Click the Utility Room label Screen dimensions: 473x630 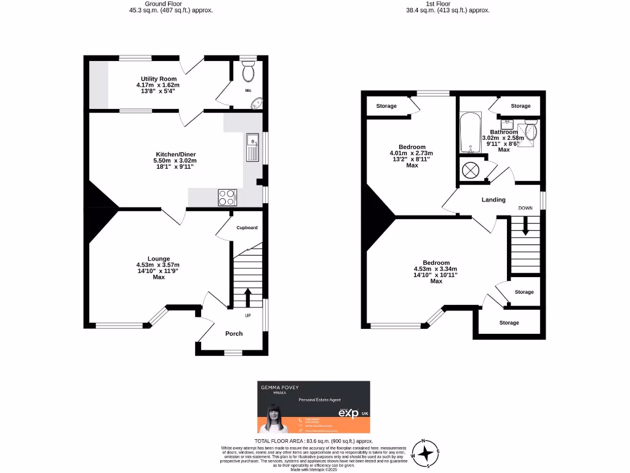tap(158, 79)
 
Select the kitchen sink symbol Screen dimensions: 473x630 tap(252, 147)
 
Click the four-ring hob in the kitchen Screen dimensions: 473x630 tap(227, 197)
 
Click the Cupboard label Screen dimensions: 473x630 tap(247, 227)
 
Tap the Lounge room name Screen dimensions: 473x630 tap(158, 259)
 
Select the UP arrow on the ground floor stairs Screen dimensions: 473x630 tap(248, 298)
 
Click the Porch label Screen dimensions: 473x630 tap(234, 333)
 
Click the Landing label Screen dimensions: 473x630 tap(493, 200)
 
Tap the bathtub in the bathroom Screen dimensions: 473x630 tap(471, 132)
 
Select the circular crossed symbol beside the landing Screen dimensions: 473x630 tap(471, 169)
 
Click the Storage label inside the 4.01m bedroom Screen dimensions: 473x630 tap(386, 106)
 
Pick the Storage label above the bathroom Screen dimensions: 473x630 tap(520, 106)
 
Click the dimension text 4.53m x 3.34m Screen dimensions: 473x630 tap(436, 269)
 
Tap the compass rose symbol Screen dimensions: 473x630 tap(425, 453)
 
